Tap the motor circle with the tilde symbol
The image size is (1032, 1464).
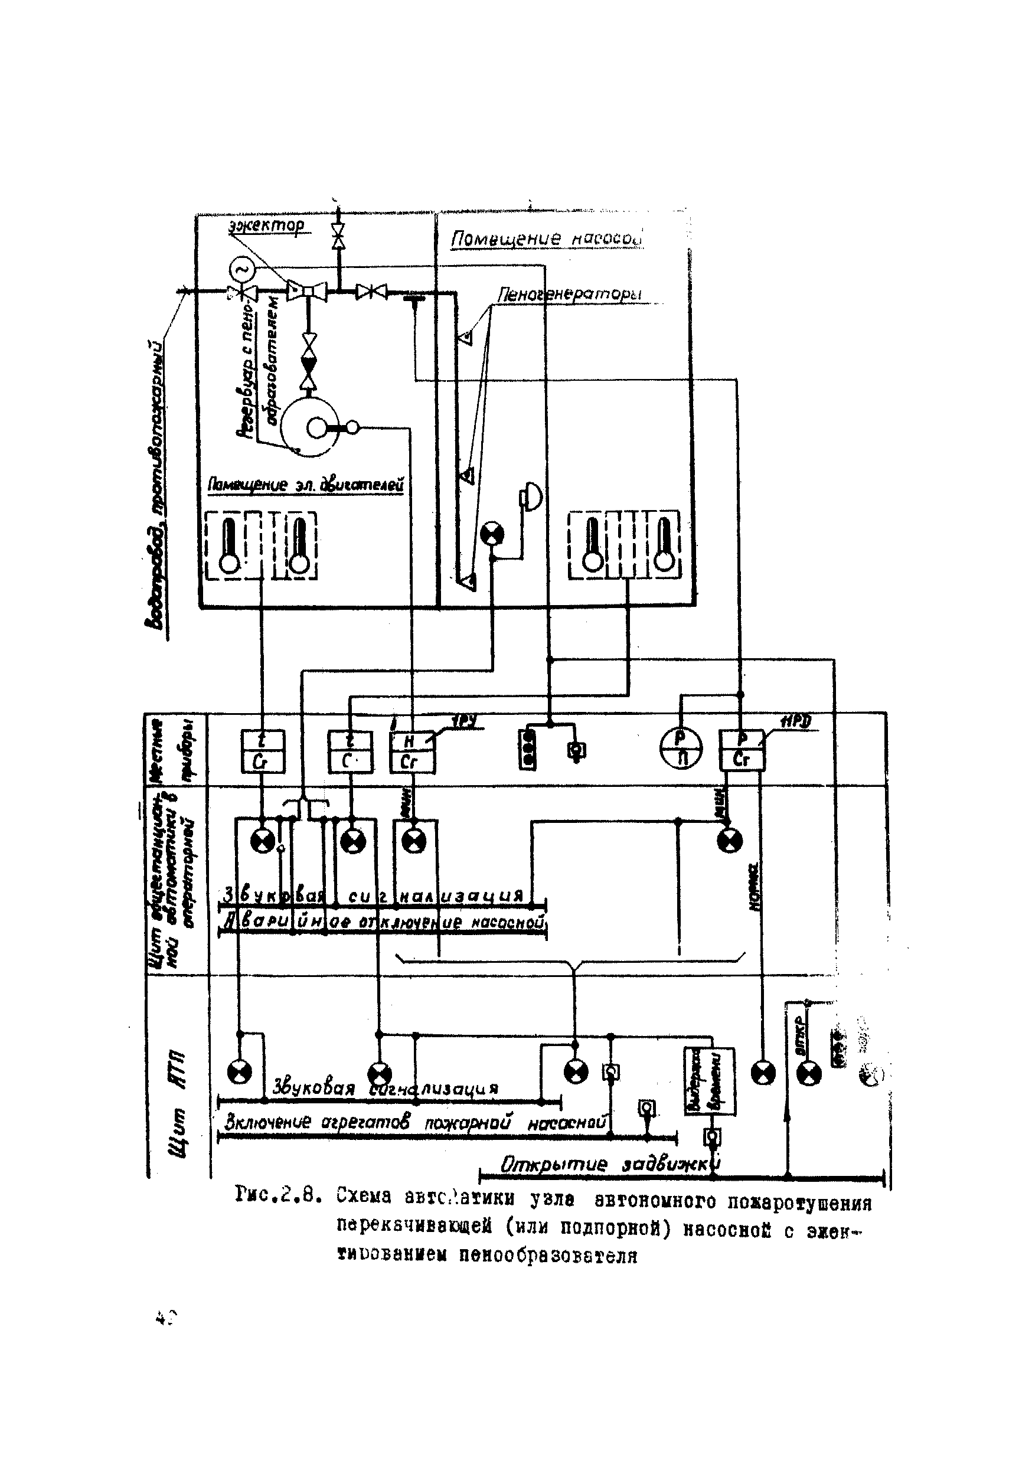(x=241, y=268)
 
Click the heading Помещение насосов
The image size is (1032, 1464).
(x=546, y=238)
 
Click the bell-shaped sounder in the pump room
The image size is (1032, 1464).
(x=531, y=495)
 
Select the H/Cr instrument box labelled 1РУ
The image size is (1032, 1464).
(x=412, y=751)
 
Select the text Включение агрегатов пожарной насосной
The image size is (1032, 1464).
(x=414, y=1123)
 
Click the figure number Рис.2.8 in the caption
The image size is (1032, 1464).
(x=277, y=1193)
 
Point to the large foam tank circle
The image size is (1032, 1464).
(x=310, y=427)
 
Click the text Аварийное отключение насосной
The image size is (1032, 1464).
(x=383, y=923)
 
